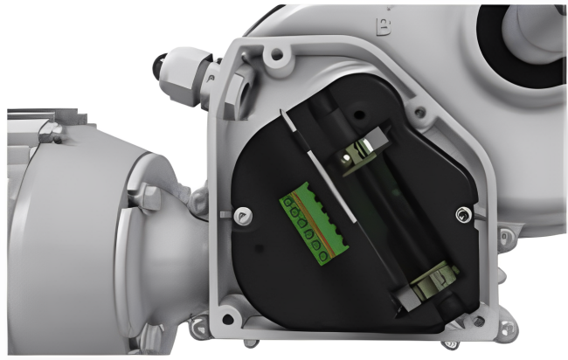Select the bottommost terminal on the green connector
[324, 255]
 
